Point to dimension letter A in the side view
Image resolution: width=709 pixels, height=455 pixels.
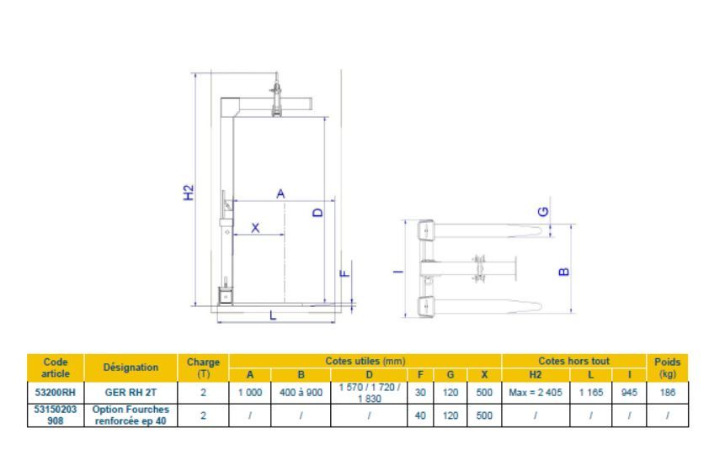coord(280,193)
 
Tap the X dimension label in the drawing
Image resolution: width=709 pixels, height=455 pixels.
coord(256,227)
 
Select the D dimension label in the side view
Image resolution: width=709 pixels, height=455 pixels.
coord(317,213)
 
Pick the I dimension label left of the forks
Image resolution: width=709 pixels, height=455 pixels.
coord(398,269)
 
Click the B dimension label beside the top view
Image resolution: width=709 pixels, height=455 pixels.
coord(563,271)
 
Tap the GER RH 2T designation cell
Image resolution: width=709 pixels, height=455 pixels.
coord(131,392)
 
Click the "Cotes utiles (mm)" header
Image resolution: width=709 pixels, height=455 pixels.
coord(365,361)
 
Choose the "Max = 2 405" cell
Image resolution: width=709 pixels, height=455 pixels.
coord(536,392)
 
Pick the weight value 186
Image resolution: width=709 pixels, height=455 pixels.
coord(668,392)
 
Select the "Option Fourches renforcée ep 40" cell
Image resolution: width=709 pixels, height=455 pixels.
coord(131,415)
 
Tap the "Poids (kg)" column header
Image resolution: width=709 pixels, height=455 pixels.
coord(668,367)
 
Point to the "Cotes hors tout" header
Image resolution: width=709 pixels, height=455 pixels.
coord(573,361)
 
